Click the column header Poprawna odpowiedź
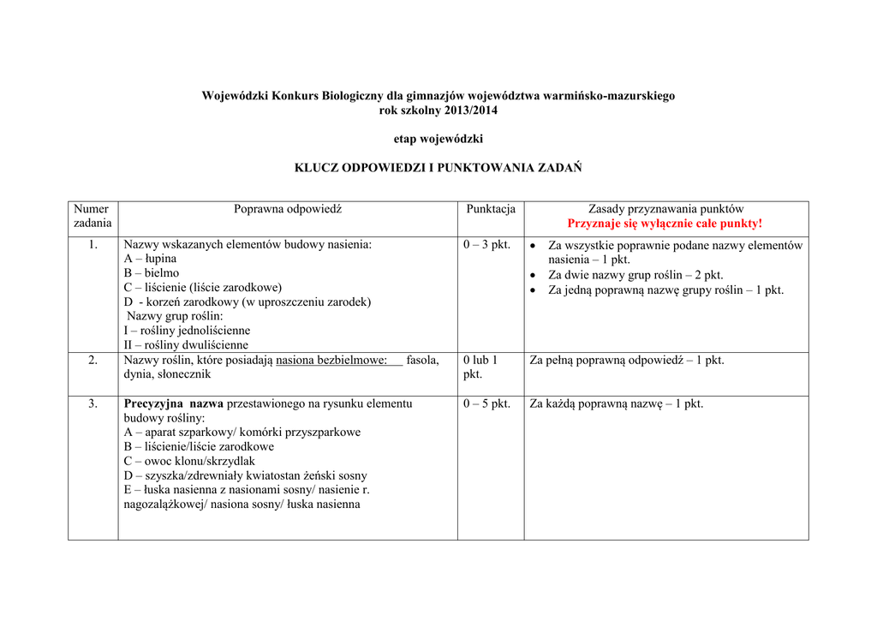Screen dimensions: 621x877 288,209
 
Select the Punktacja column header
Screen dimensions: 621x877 491,209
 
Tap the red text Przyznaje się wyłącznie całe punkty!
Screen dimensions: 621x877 665,224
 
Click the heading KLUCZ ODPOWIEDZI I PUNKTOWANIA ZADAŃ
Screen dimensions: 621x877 438,168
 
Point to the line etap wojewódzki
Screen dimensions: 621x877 438,139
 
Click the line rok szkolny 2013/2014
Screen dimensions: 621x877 438,110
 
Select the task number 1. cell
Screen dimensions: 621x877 92,245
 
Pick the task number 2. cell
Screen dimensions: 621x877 92,361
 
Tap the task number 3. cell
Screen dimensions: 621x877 92,404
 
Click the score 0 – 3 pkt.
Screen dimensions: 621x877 486,245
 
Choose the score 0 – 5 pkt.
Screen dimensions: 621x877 486,404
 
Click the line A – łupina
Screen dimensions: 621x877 151,259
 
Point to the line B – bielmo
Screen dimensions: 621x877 152,273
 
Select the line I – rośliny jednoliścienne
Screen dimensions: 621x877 188,331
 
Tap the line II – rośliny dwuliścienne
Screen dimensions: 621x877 186,345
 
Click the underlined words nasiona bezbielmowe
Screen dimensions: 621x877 331,361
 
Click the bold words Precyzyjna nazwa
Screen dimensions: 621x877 173,403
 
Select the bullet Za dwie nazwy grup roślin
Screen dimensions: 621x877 635,275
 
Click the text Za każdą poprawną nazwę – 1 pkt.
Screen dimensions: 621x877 617,404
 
